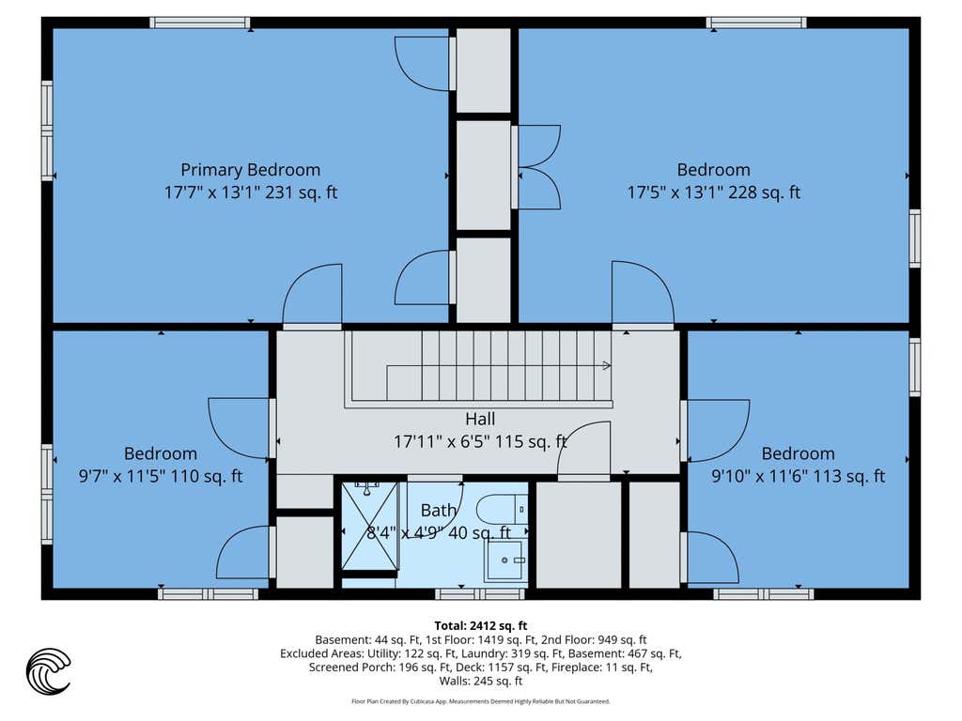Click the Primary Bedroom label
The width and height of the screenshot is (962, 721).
click(x=250, y=170)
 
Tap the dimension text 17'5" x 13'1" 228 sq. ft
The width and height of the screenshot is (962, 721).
click(x=714, y=192)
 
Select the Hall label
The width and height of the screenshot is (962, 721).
click(x=480, y=420)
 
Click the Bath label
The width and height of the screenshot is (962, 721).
click(x=439, y=510)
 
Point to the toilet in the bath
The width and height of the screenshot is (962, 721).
click(x=502, y=510)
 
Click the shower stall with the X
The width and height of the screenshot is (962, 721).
click(x=370, y=526)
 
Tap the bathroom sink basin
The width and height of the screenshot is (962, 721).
click(x=504, y=560)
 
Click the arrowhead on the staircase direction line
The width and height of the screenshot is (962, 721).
click(x=606, y=366)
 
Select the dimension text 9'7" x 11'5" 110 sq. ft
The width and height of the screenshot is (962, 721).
click(x=161, y=476)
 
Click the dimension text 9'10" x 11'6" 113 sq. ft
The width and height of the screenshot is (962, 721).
click(x=799, y=476)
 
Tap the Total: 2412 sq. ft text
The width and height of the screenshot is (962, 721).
click(x=481, y=626)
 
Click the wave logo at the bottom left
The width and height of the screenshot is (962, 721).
click(x=49, y=671)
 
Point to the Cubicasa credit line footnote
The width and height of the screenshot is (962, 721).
click(x=481, y=701)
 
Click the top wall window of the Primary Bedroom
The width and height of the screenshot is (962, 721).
click(x=200, y=23)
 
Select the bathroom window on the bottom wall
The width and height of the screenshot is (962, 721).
click(x=480, y=594)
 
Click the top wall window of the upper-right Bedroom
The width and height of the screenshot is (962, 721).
click(x=756, y=23)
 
